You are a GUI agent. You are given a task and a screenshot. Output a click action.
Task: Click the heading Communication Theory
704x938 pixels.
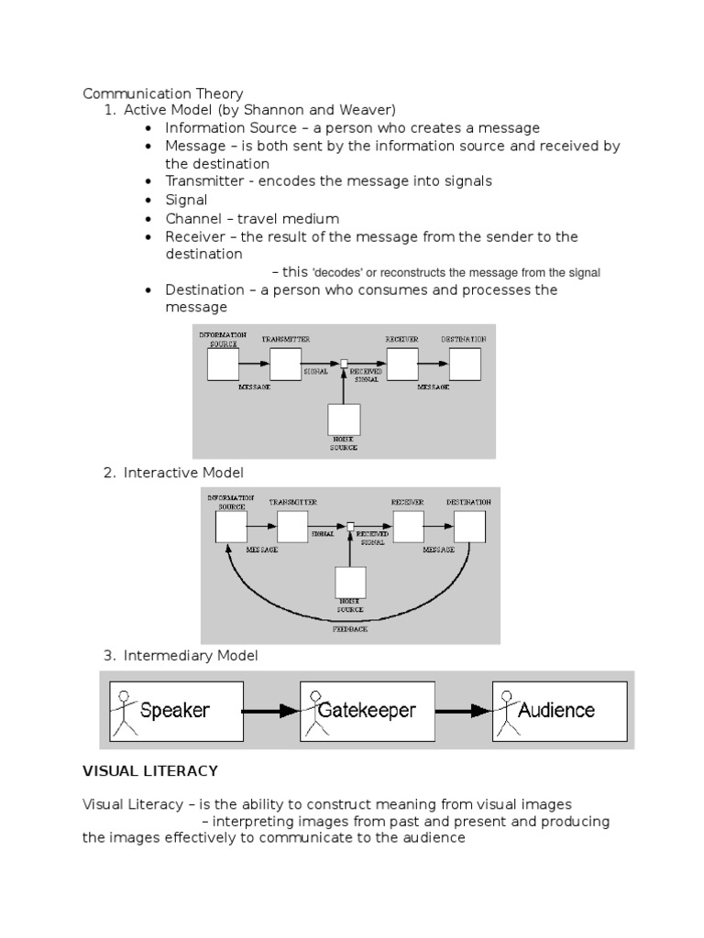click(x=163, y=93)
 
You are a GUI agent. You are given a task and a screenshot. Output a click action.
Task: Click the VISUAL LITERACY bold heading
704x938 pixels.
click(x=150, y=771)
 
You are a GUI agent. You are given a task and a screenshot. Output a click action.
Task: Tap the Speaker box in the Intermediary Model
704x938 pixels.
click(x=177, y=710)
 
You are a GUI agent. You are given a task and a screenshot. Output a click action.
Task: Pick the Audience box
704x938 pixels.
click(x=559, y=710)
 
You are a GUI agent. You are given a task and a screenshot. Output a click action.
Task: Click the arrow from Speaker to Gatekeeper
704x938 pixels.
click(x=271, y=710)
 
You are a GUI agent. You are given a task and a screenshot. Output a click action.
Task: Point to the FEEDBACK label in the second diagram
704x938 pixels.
click(x=350, y=630)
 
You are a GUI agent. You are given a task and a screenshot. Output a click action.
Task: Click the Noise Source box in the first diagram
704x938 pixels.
click(x=344, y=420)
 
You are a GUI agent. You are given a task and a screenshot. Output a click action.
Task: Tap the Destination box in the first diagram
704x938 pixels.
click(x=464, y=365)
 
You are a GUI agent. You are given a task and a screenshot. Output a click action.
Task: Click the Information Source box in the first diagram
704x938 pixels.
click(x=223, y=365)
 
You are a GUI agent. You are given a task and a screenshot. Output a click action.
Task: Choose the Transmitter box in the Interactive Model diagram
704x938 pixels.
click(x=292, y=527)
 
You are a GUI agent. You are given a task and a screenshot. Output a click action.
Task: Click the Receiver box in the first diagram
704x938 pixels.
click(x=401, y=365)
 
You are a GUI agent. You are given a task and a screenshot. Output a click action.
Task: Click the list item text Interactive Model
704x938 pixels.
click(x=184, y=472)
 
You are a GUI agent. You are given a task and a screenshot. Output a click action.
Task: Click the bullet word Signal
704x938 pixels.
click(x=186, y=200)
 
